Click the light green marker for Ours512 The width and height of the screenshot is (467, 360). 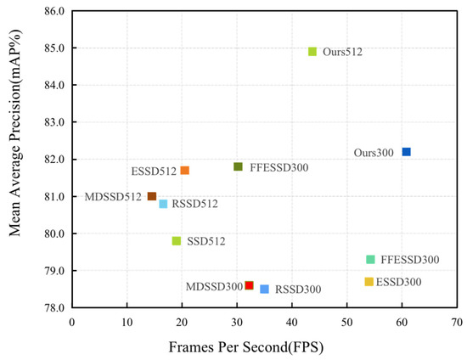(312, 52)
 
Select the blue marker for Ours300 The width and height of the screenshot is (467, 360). (407, 152)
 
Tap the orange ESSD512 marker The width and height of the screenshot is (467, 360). (185, 171)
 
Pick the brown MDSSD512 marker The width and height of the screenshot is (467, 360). (152, 196)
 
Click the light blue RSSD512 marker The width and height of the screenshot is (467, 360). (163, 204)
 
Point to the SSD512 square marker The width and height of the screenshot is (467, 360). (177, 241)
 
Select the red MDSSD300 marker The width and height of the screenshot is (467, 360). (249, 285)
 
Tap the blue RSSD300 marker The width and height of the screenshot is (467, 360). (265, 290)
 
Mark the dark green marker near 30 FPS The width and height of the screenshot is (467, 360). (239, 166)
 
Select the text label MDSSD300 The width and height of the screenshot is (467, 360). (214, 286)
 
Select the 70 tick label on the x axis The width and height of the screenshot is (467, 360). (457, 322)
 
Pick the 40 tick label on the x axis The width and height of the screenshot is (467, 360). (292, 322)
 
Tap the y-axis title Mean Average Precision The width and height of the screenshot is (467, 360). (15, 160)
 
